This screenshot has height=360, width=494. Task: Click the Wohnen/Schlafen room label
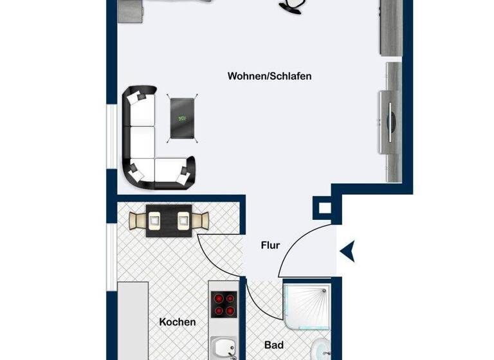point(270,76)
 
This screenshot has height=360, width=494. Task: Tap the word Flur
point(270,245)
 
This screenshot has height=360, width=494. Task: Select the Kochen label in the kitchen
point(177,322)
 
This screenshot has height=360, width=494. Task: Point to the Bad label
point(274,346)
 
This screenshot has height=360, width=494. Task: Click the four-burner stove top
point(223,304)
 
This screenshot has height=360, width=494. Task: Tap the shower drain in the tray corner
point(321,293)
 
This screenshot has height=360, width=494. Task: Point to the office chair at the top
point(293,5)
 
